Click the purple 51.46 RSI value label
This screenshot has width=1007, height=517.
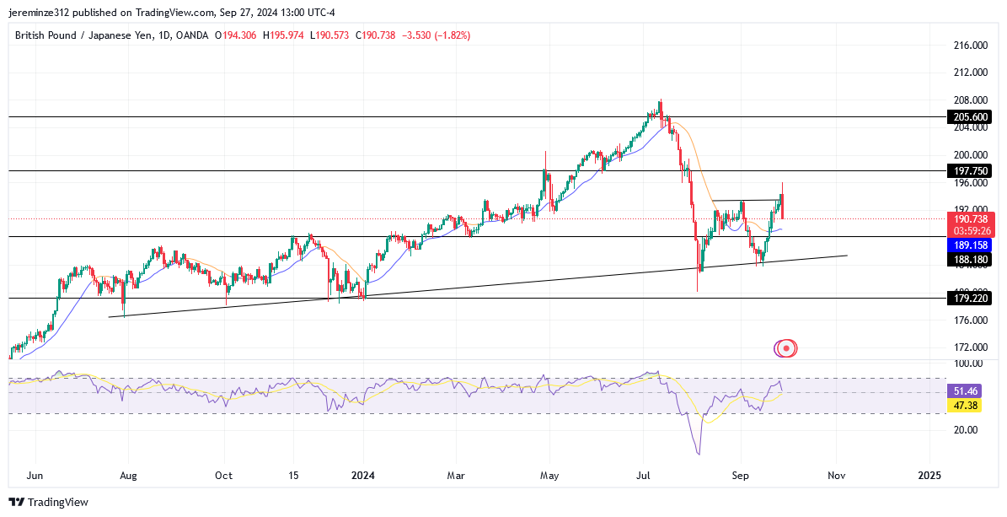(x=966, y=391)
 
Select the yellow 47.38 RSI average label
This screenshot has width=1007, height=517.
(x=966, y=407)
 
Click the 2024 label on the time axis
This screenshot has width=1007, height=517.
(x=362, y=476)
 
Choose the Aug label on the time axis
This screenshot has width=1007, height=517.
(x=128, y=476)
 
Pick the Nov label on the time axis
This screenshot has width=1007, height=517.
(x=835, y=476)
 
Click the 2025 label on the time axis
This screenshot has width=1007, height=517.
(x=929, y=476)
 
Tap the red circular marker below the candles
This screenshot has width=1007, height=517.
(x=785, y=347)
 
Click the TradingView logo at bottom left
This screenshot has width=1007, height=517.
(x=49, y=502)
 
